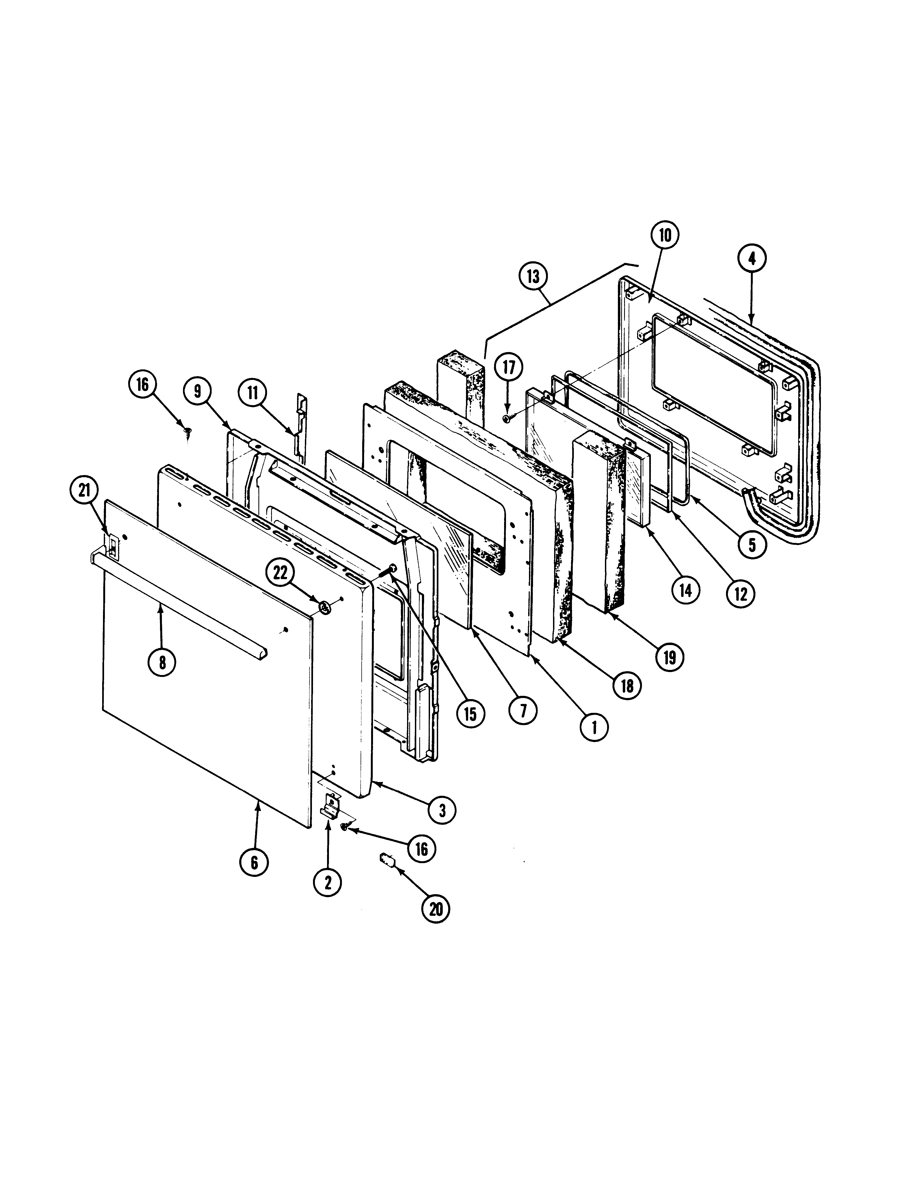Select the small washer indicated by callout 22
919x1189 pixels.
pos(326,607)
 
